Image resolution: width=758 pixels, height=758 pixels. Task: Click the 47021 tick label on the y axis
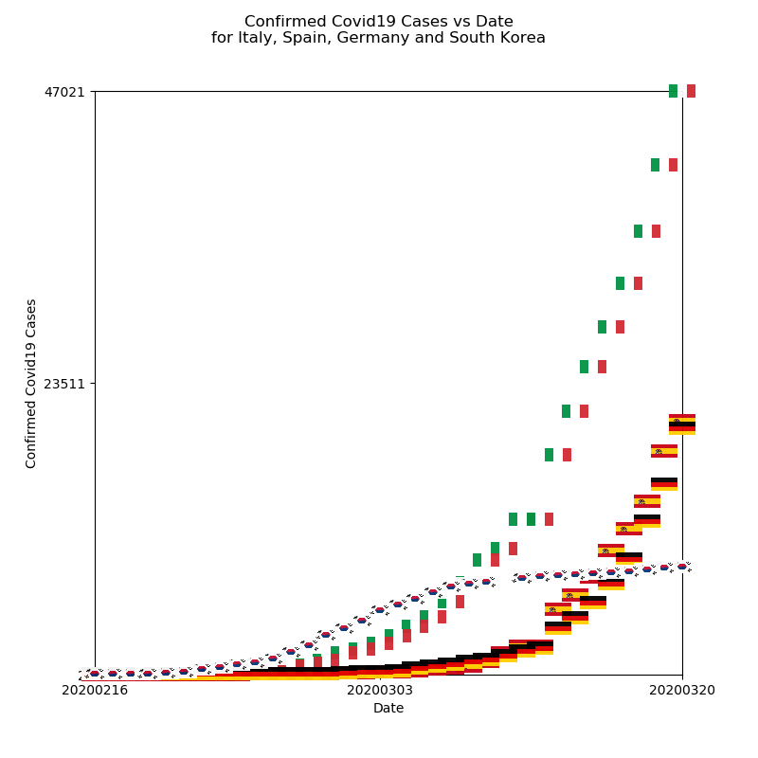(63, 92)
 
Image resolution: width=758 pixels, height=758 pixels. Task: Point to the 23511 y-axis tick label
(63, 384)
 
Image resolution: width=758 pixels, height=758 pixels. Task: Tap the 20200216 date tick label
(95, 691)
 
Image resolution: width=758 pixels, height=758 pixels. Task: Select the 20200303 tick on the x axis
(380, 691)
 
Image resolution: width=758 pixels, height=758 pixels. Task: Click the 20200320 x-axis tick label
(682, 691)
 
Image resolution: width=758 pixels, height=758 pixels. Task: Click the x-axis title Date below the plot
(388, 709)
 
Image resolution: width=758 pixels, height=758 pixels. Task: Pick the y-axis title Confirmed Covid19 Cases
(32, 383)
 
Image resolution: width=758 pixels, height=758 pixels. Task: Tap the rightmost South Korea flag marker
(682, 567)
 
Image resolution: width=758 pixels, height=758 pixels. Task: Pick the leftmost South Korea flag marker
(95, 674)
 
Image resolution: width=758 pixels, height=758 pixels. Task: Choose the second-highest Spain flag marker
(664, 451)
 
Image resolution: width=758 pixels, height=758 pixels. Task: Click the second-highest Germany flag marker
(664, 484)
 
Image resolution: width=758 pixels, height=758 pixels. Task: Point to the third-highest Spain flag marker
(647, 501)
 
